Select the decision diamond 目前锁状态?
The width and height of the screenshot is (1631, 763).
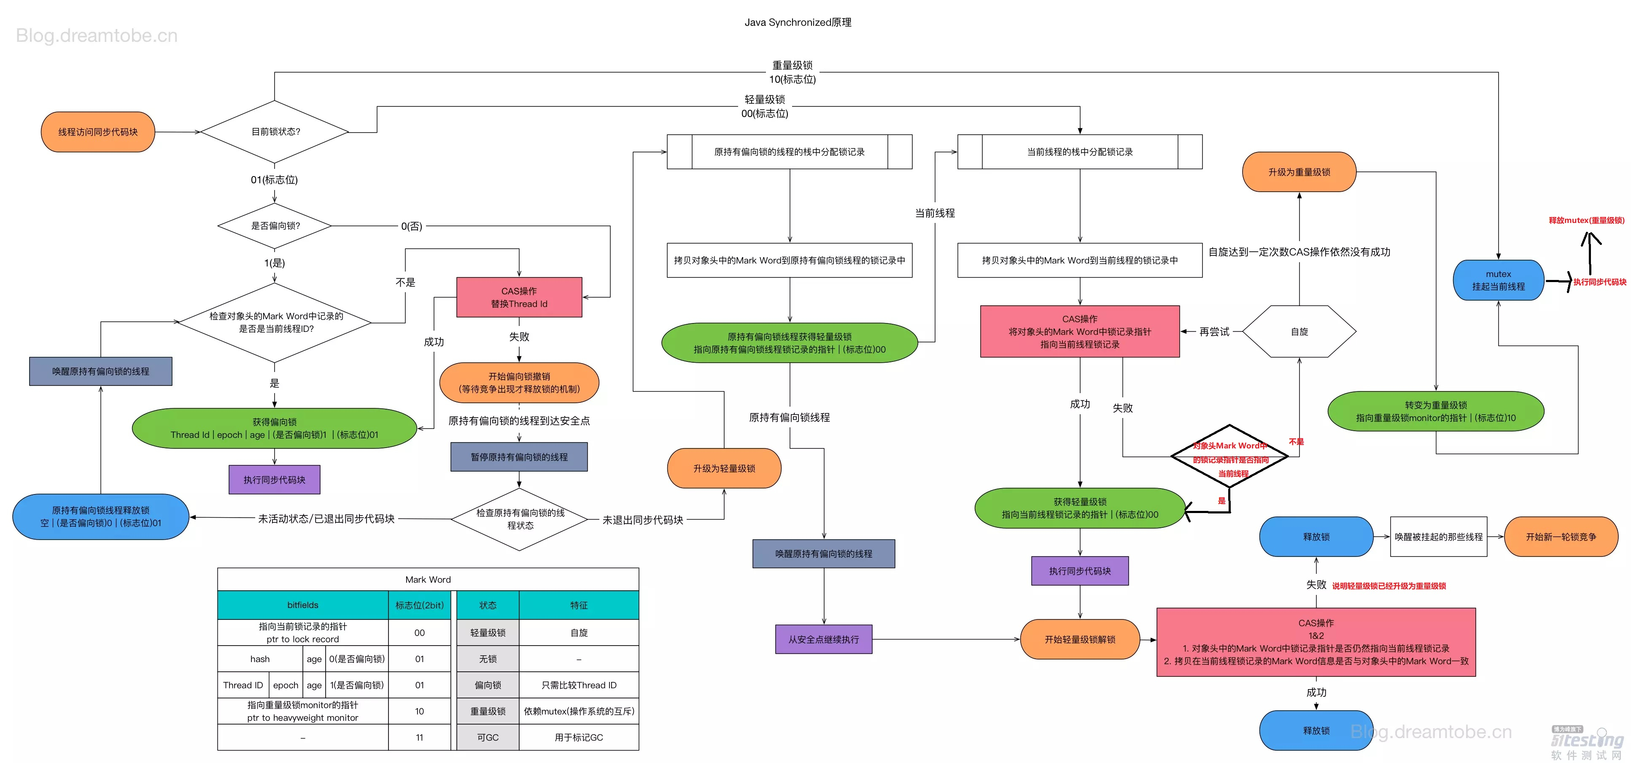[x=275, y=132]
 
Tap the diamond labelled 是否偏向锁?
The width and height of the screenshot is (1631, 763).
[x=275, y=225]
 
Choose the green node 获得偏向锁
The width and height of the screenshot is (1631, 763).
[x=274, y=429]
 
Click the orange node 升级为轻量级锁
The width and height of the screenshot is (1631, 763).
[x=724, y=468]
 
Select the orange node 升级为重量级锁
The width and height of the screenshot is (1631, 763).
[x=1299, y=172]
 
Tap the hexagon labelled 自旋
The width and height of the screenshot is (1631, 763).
[x=1299, y=331]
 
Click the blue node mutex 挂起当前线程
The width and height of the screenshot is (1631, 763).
[x=1498, y=280]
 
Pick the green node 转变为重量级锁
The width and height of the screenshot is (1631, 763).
[x=1435, y=411]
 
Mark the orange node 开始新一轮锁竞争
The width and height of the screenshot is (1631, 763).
[x=1561, y=537]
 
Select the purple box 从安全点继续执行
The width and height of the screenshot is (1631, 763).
[x=823, y=639]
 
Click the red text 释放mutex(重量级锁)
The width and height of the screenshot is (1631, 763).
[x=1586, y=220]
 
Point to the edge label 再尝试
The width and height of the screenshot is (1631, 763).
[x=1214, y=331]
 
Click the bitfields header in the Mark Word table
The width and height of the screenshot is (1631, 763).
[x=303, y=605]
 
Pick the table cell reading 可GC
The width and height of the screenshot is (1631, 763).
[x=488, y=738]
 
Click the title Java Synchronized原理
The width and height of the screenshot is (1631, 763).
[x=797, y=22]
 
